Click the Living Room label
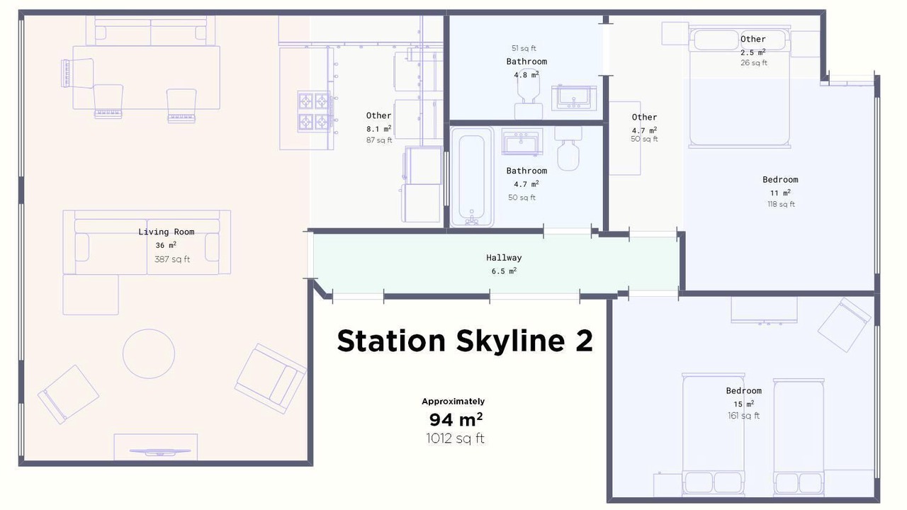click(166, 232)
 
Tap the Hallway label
click(504, 258)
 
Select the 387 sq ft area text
click(172, 259)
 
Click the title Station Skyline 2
click(465, 341)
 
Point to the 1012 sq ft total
click(455, 438)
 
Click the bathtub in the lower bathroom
click(472, 177)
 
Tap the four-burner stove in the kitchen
click(315, 111)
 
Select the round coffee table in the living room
click(149, 353)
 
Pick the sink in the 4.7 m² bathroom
click(522, 142)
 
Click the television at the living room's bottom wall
click(159, 452)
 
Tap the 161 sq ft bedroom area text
click(743, 416)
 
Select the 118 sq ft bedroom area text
click(781, 205)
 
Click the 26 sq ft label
click(753, 63)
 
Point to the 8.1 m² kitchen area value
click(378, 129)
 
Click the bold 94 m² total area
click(456, 420)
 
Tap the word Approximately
click(453, 402)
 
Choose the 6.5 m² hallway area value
click(504, 271)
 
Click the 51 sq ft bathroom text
click(524, 48)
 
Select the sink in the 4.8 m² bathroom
click(574, 98)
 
